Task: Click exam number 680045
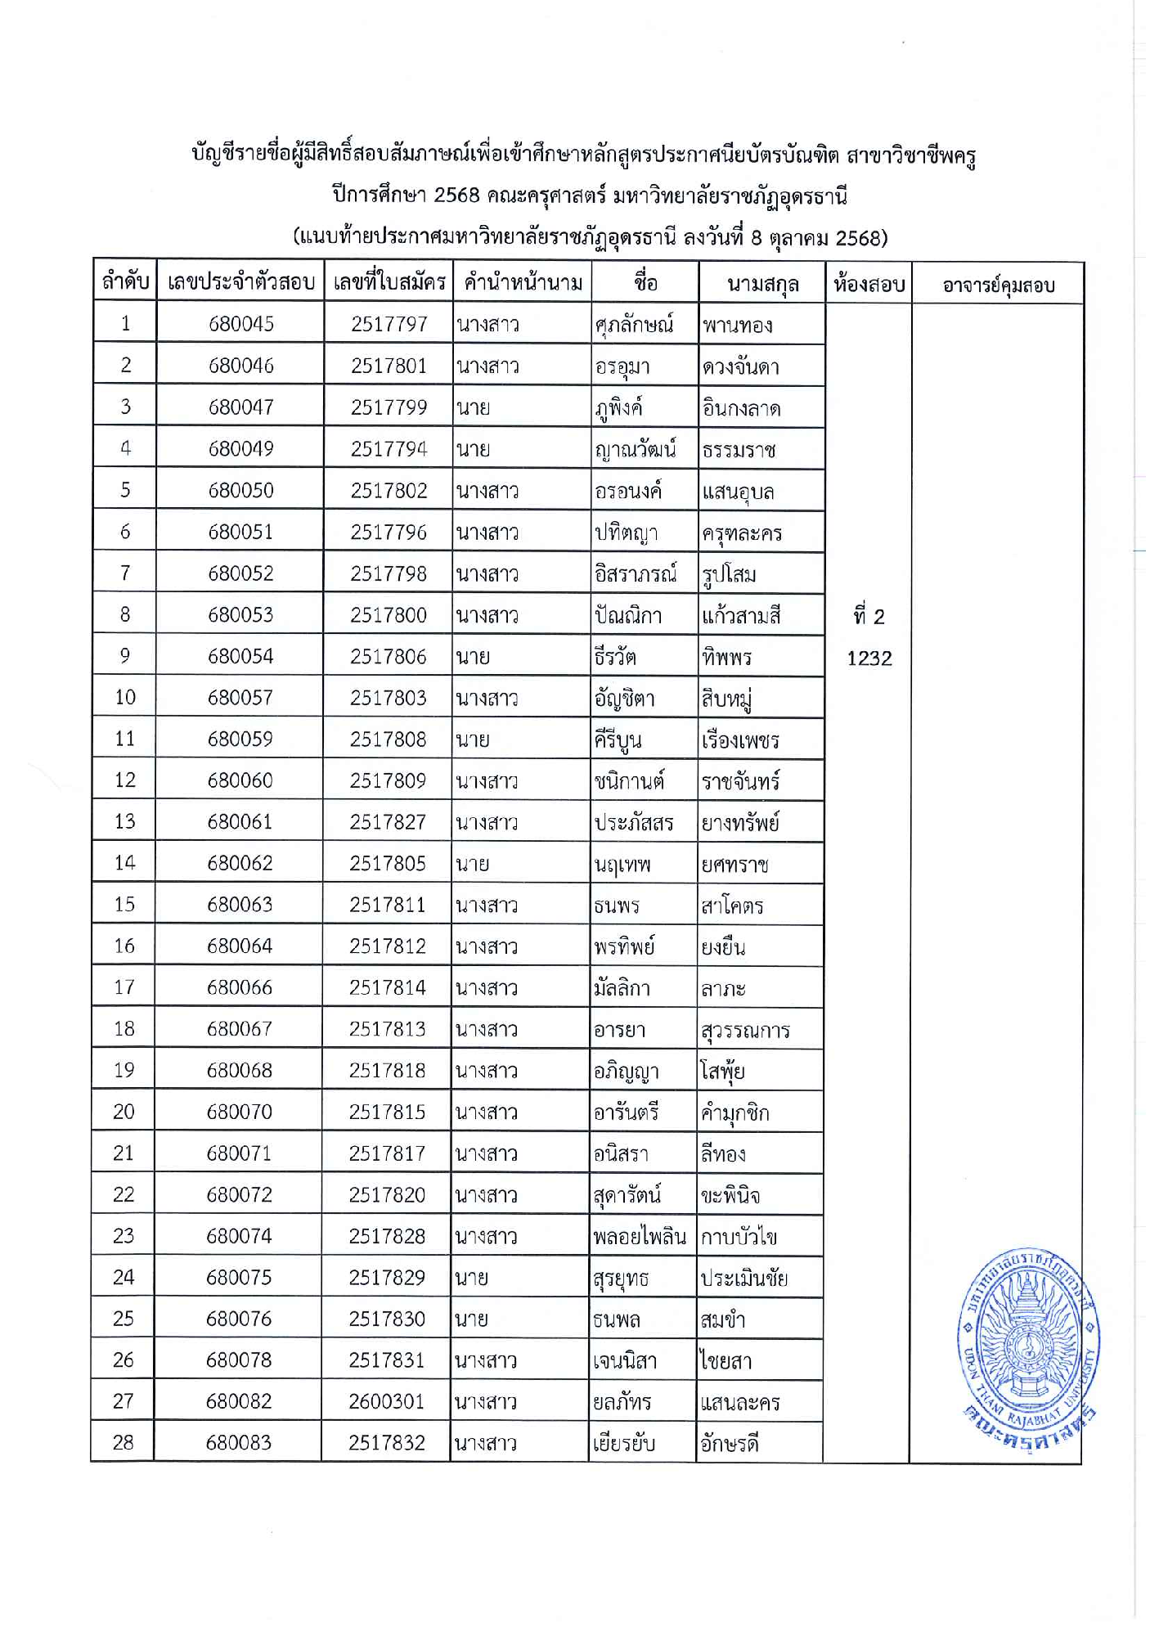240,324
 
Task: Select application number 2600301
386,1401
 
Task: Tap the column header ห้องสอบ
869,284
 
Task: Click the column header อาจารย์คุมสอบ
998,285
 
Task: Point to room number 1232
869,658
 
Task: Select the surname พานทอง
737,326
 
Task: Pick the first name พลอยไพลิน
640,1236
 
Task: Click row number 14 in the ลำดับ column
124,863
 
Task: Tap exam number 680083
238,1443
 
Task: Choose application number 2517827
388,821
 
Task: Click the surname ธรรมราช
739,450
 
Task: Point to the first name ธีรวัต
615,657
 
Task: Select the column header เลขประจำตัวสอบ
240,283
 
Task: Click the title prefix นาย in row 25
472,1319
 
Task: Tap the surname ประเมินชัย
743,1278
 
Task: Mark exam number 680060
240,780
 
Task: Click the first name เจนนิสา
625,1360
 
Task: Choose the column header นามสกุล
762,284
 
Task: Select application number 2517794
389,449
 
